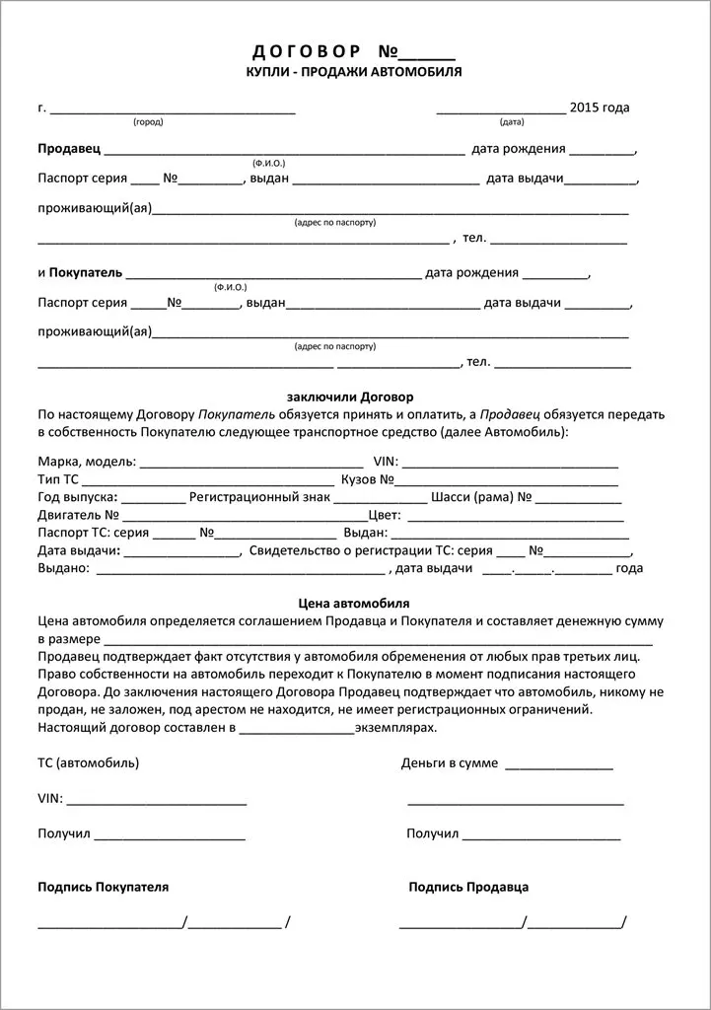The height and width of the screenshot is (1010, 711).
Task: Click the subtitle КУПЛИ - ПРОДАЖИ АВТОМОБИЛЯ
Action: click(x=353, y=72)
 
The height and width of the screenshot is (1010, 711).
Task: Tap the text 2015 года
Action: click(x=600, y=108)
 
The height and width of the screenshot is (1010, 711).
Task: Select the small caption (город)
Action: click(x=148, y=122)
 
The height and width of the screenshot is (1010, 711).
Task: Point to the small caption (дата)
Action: click(x=512, y=122)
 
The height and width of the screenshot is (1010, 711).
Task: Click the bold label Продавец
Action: click(x=69, y=149)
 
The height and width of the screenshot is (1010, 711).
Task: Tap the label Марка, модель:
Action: click(x=88, y=461)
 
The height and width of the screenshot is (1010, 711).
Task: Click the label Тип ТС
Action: click(x=58, y=479)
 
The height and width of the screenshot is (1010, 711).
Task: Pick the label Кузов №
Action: click(x=368, y=479)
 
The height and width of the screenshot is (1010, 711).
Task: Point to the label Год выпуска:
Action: click(x=78, y=497)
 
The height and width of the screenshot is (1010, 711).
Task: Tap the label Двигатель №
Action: click(x=79, y=515)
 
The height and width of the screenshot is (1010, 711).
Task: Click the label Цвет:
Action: click(x=384, y=515)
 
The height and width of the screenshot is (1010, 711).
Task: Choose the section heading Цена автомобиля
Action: click(x=353, y=603)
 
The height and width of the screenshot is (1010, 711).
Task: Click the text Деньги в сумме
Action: click(x=450, y=763)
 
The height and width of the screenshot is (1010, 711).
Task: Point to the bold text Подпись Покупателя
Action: click(x=103, y=887)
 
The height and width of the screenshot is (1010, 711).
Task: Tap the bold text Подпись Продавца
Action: click(x=468, y=887)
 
